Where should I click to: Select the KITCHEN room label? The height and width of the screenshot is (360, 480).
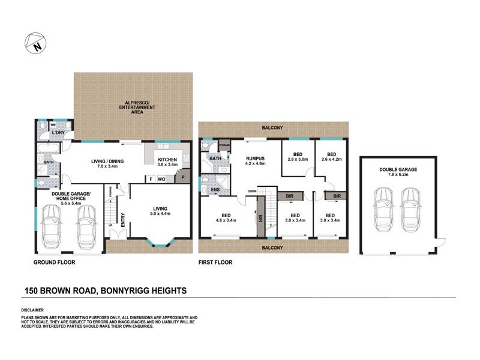coord(167,158)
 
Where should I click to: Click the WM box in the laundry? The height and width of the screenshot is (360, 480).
coord(44,124)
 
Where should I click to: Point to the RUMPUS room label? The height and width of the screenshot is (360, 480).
coord(255,157)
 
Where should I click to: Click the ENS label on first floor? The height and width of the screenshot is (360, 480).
coord(215,191)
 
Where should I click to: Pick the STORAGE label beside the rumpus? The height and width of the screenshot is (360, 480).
coord(224,145)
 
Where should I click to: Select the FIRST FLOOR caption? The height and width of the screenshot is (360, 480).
coord(215,262)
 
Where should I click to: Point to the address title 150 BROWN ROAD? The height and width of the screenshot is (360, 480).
coord(105,290)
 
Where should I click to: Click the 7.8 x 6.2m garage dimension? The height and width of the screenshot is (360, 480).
coord(398,175)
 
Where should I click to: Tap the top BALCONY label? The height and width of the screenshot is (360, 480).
coord(272,128)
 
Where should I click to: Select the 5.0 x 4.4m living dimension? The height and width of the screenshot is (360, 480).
coord(161,214)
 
